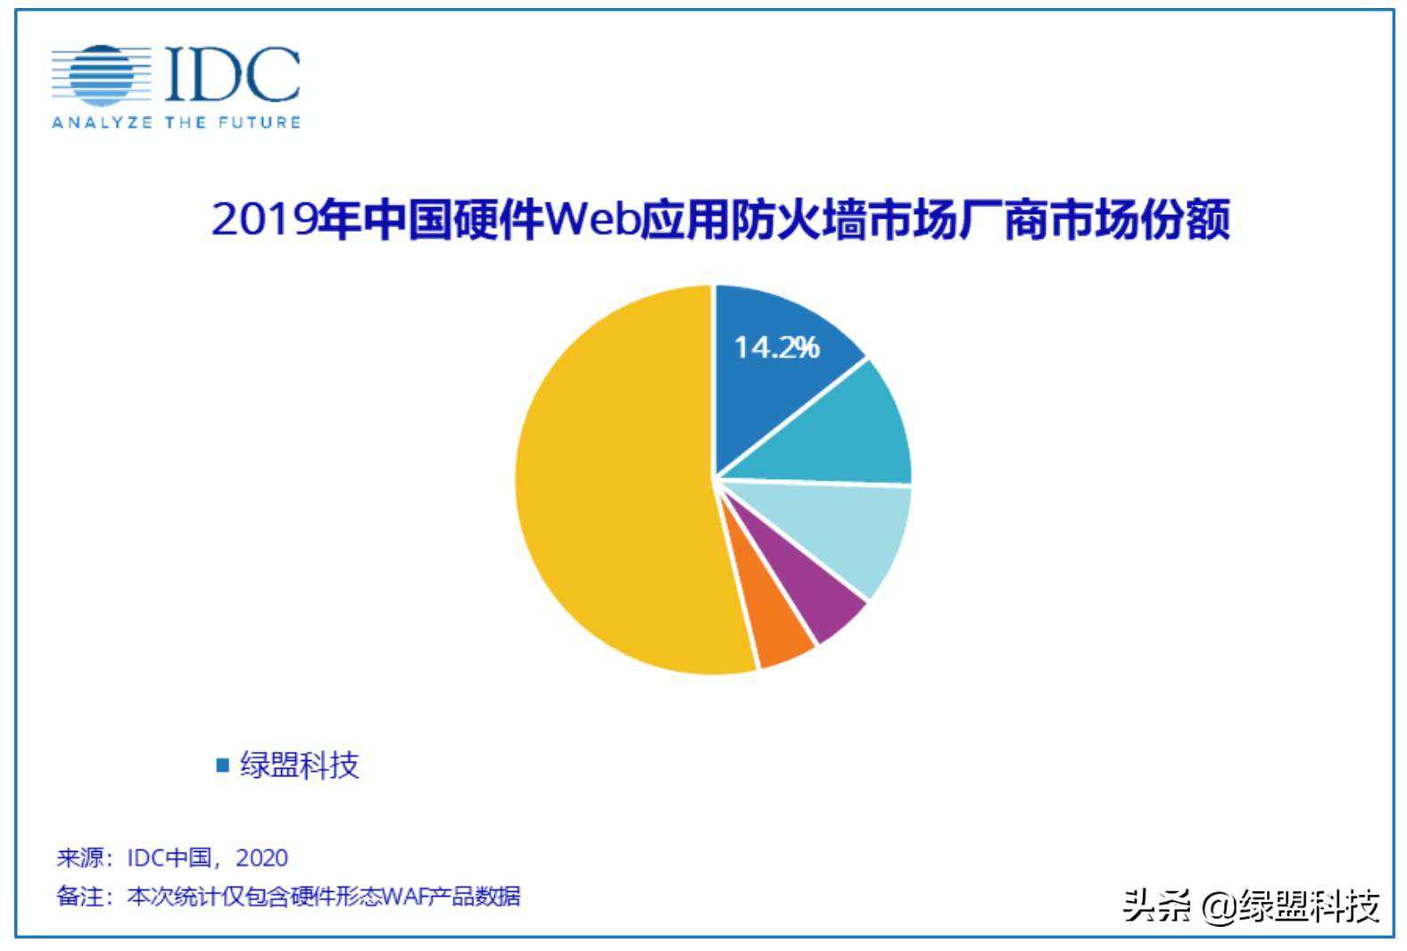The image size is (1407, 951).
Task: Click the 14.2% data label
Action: click(776, 347)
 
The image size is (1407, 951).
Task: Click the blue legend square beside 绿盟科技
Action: click(223, 765)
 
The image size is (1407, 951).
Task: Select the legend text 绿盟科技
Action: click(300, 765)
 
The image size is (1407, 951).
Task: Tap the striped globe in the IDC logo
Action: click(100, 74)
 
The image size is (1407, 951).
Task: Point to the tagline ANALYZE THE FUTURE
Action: click(176, 122)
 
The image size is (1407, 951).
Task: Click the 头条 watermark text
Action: click(1156, 906)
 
